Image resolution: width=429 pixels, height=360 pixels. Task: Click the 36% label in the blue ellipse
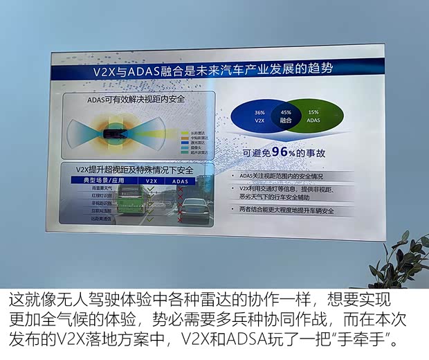coord(260,112)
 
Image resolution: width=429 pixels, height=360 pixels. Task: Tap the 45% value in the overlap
coord(286,112)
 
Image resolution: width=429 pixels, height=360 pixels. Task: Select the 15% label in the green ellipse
coord(313,112)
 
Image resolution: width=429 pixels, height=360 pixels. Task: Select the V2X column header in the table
coord(150,180)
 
